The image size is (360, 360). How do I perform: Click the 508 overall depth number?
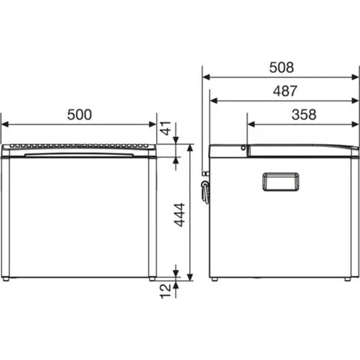tap(281, 68)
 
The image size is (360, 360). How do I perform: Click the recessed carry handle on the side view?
tap(281, 181)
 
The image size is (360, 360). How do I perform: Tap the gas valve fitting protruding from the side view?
tap(206, 188)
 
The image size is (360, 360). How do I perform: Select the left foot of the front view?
tap(6, 277)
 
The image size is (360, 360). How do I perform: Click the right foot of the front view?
tap(152, 277)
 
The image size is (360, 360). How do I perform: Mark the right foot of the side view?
tap(347, 278)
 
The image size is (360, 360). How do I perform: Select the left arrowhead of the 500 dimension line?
tap(4, 124)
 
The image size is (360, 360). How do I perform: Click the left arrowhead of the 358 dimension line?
tap(249, 124)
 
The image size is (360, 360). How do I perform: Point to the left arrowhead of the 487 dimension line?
tap(212, 101)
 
